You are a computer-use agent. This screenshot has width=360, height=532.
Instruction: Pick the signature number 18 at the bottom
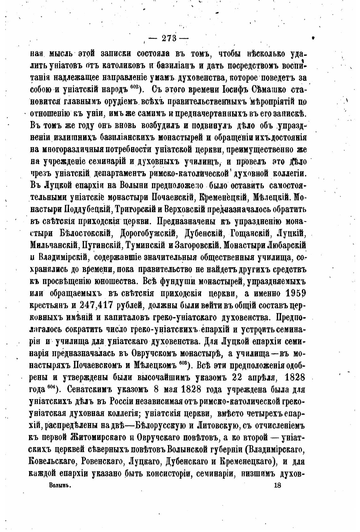(x=278, y=486)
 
